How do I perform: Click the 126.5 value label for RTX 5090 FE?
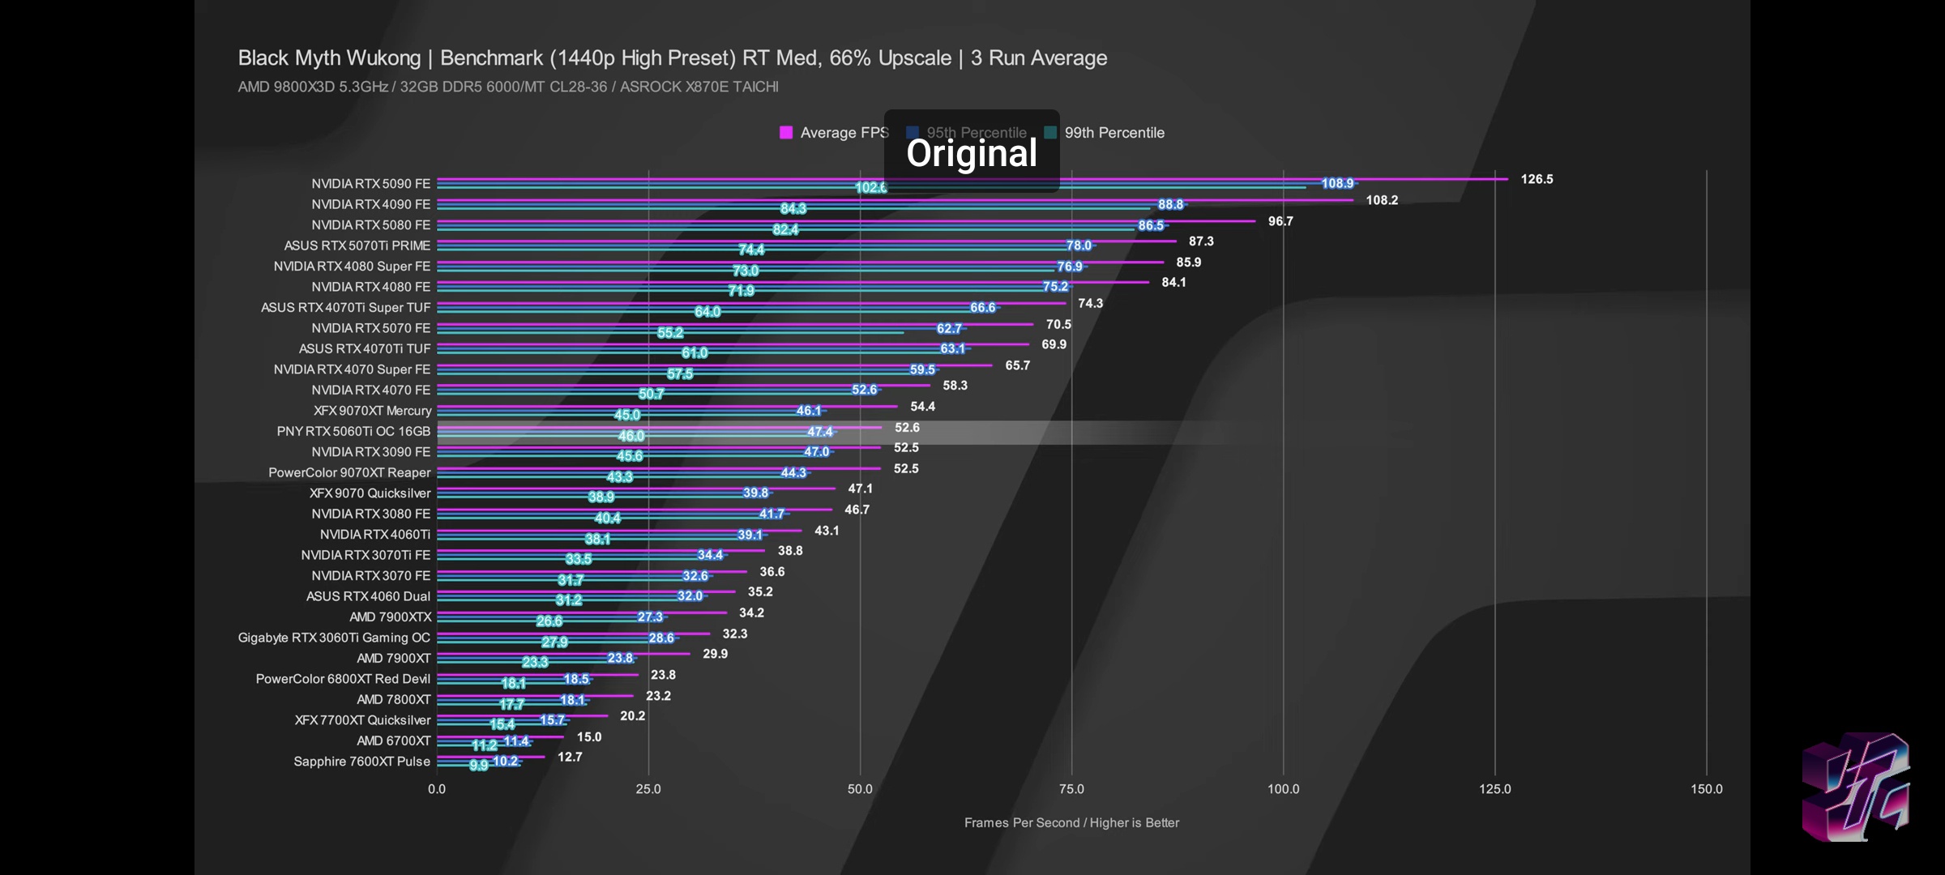(x=1537, y=179)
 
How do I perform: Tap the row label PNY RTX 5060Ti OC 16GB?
(x=353, y=431)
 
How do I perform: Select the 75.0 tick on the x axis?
(x=1071, y=789)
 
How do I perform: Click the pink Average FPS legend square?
(x=785, y=133)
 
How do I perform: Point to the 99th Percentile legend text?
(x=1114, y=133)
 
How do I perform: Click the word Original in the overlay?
(x=971, y=153)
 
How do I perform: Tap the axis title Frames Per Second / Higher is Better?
(x=1071, y=823)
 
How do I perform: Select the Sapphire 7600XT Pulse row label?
(x=361, y=762)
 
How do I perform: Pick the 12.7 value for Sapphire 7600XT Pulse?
(x=570, y=757)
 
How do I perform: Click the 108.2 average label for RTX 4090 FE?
(x=1382, y=200)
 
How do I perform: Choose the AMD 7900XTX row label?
(x=390, y=617)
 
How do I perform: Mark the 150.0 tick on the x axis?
(x=1706, y=789)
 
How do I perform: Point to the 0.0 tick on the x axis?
(x=437, y=789)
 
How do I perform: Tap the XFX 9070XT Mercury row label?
(x=372, y=411)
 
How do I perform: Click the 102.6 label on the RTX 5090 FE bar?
(x=870, y=188)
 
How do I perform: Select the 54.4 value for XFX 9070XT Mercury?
(x=922, y=407)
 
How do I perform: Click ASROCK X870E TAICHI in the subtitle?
(x=699, y=87)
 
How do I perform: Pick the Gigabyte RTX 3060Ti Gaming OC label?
(x=334, y=638)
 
